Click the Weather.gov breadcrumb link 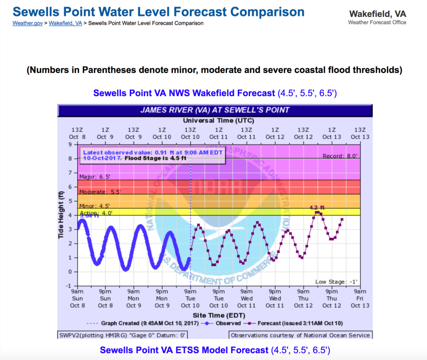tap(27, 23)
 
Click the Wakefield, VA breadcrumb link tap(65, 23)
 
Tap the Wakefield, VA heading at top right tap(377, 14)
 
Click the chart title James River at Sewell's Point tap(215, 110)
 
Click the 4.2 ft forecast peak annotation tap(317, 208)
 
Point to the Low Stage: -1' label tap(336, 282)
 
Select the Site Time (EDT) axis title tap(215, 314)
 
